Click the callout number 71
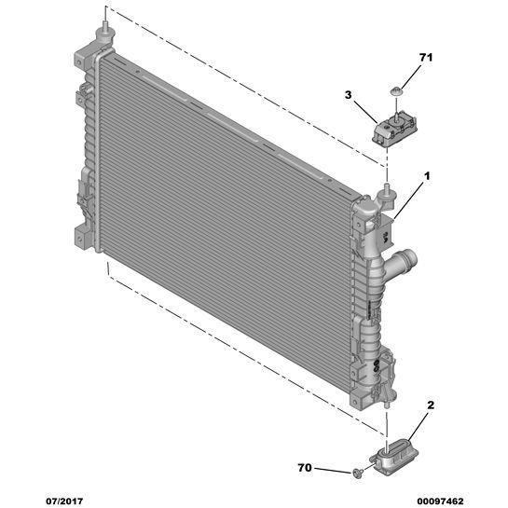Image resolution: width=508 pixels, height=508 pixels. point(426,58)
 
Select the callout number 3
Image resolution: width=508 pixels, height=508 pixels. point(348,95)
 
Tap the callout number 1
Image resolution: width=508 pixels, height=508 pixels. point(427,176)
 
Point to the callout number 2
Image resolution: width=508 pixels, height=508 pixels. point(431,405)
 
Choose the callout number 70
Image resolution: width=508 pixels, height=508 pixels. point(305,468)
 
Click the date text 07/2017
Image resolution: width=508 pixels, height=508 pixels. point(64,501)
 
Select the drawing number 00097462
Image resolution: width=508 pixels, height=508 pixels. point(440,501)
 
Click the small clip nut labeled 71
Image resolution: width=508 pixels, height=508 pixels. point(395,91)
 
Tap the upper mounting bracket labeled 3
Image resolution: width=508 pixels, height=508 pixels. point(394,130)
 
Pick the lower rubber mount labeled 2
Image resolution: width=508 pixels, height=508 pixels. point(394,457)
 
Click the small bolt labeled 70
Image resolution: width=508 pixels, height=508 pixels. point(357,473)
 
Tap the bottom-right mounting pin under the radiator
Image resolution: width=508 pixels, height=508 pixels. point(386,405)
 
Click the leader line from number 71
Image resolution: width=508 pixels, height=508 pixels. point(411,76)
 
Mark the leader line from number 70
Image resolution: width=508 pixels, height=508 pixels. point(333,471)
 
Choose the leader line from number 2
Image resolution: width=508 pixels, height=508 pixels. point(419,426)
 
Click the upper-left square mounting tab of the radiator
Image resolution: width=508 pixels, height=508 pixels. point(81,59)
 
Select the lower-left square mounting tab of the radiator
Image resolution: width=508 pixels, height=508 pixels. point(81,238)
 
